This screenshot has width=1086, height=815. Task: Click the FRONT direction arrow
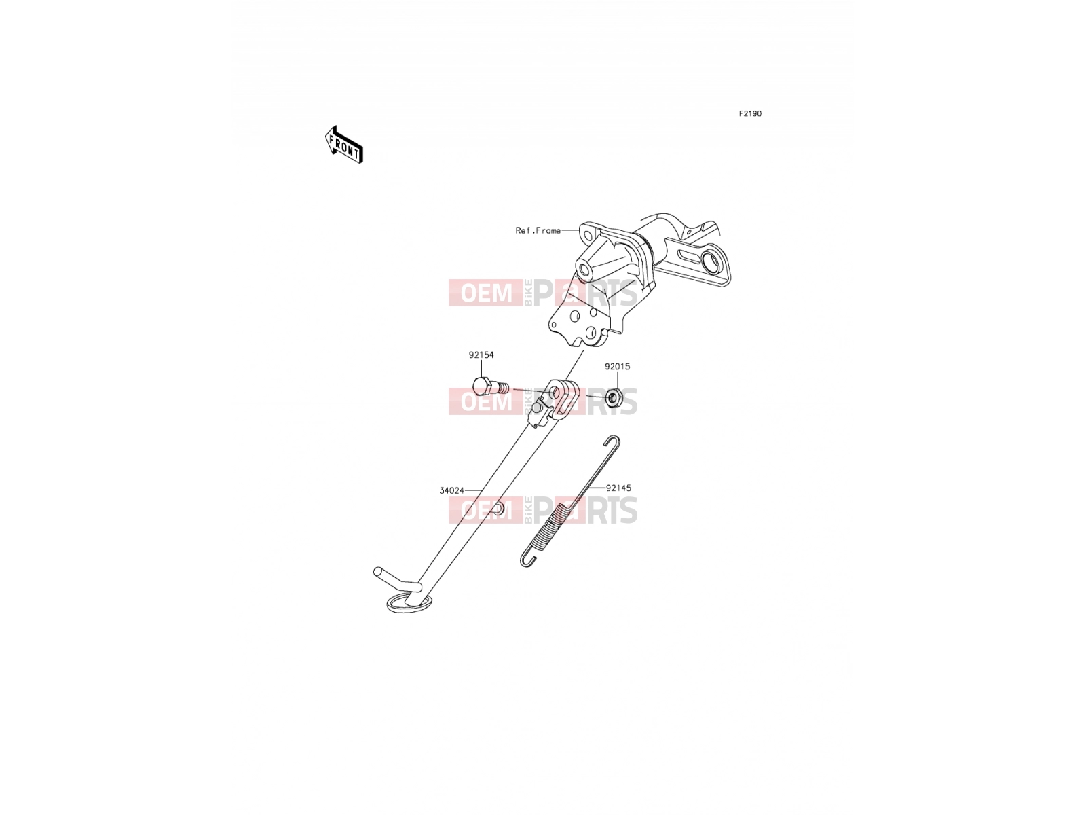(344, 145)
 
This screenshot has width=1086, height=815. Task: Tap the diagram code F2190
(750, 114)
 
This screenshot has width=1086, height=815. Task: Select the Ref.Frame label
(538, 230)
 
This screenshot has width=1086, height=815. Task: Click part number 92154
(481, 355)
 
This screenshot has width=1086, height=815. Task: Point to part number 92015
(617, 367)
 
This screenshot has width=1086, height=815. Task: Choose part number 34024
(452, 490)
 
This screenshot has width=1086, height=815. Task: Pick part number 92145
(618, 488)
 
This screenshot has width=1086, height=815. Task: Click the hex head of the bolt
(482, 386)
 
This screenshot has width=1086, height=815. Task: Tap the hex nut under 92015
(614, 397)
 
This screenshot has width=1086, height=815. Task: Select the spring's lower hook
(528, 559)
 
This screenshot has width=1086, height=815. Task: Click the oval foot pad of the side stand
(409, 604)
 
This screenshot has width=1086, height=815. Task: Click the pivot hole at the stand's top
(556, 393)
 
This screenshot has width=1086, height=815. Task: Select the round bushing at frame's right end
(713, 263)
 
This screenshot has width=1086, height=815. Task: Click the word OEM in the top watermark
(487, 293)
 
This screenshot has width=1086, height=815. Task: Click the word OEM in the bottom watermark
(487, 510)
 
